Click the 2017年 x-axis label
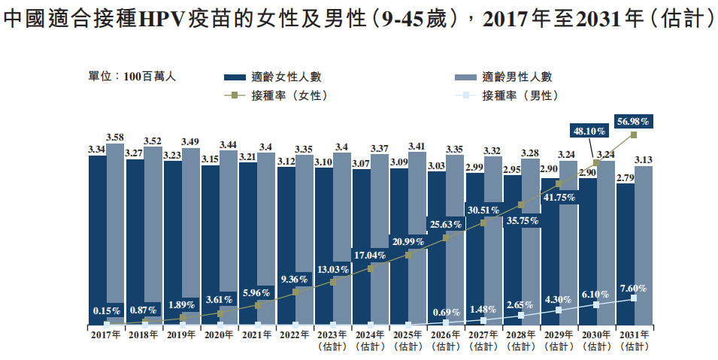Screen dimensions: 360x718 [x=106, y=335]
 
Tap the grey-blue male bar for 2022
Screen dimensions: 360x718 [x=304, y=225]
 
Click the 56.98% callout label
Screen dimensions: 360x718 [x=633, y=121]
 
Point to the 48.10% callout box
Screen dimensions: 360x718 [x=592, y=129]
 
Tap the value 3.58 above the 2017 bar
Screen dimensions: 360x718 [x=115, y=137]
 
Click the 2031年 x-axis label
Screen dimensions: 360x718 [x=633, y=335]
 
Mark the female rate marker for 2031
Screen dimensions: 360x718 [x=634, y=135]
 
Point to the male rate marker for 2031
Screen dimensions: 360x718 [x=634, y=298]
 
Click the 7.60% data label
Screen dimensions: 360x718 [x=633, y=288]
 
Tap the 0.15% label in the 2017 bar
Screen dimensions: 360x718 [x=107, y=309]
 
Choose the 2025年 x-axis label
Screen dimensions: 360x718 [x=407, y=335]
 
